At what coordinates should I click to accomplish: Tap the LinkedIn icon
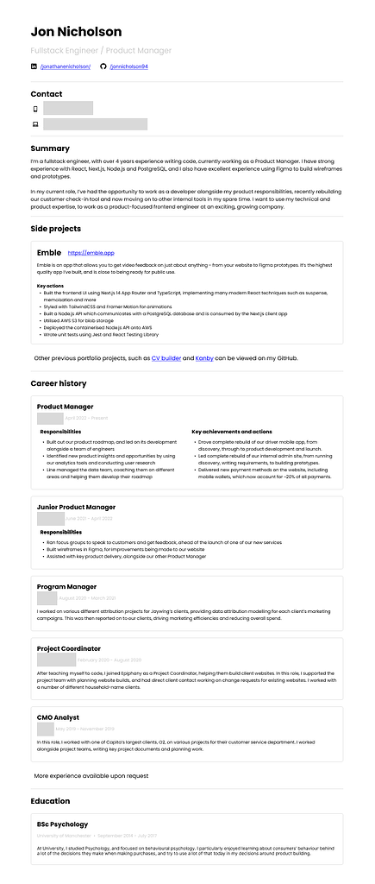pos(34,66)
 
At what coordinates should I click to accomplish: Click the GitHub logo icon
pos(103,66)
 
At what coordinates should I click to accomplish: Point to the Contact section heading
pos(47,94)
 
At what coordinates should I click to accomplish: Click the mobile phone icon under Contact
pos(35,109)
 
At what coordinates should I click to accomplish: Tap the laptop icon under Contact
pos(35,124)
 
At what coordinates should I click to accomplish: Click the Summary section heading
pos(50,148)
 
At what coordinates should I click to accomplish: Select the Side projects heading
pos(56,229)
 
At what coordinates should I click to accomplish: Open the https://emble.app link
pos(91,253)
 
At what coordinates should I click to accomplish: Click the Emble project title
pos(49,252)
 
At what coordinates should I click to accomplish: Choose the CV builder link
pos(166,357)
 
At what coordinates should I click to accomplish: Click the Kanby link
pos(204,357)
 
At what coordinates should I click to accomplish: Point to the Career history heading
pos(59,382)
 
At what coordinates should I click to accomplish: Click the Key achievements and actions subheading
pos(232,431)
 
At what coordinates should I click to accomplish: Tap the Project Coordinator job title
pos(69,648)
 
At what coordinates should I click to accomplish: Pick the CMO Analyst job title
pos(59,717)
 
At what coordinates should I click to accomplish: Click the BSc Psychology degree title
pos(62,824)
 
